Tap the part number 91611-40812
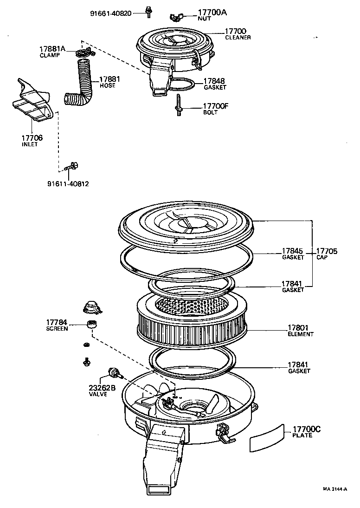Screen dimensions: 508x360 pyautogui.click(x=68, y=183)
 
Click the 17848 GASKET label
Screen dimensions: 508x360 pyautogui.click(x=215, y=84)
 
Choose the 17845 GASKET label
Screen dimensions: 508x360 pyautogui.click(x=293, y=254)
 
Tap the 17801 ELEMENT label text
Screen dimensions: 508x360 pyautogui.click(x=300, y=330)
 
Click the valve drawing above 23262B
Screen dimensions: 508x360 pyautogui.click(x=112, y=372)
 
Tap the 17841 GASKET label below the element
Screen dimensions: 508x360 pyautogui.click(x=299, y=368)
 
